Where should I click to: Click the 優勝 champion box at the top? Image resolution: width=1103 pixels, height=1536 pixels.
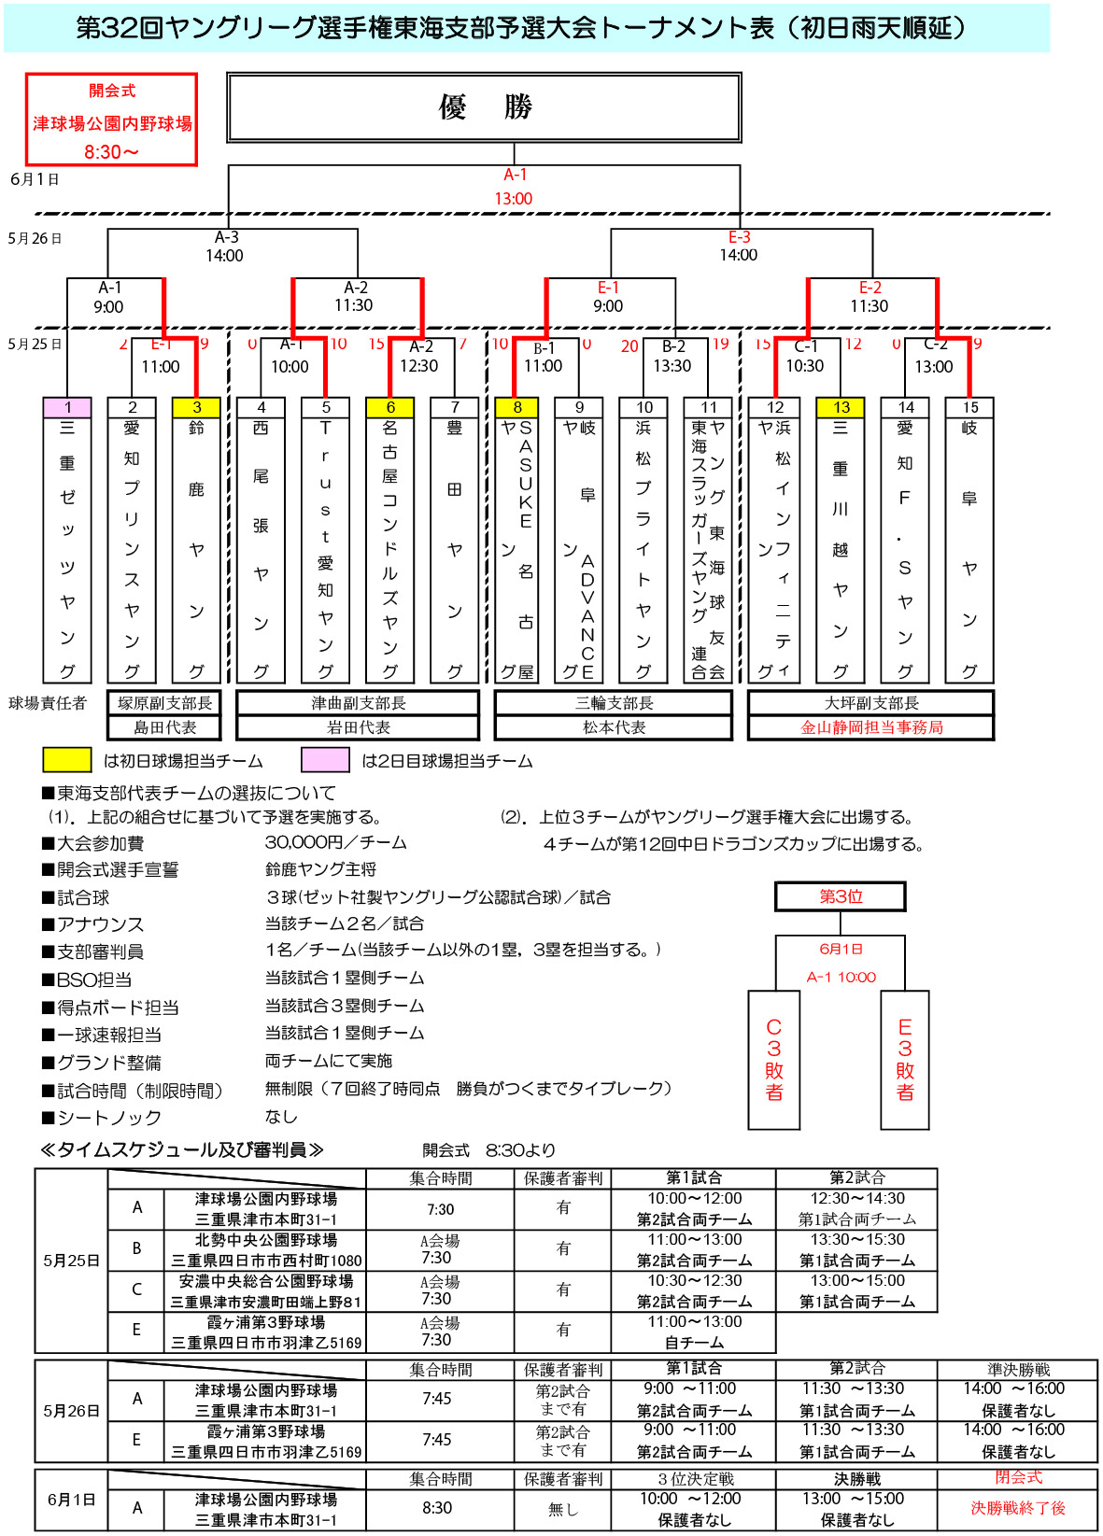(x=484, y=107)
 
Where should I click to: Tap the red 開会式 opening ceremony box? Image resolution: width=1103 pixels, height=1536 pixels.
(x=111, y=120)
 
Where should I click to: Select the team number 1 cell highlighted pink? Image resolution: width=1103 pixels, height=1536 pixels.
(x=68, y=407)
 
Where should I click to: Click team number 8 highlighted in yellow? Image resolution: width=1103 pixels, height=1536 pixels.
(x=517, y=407)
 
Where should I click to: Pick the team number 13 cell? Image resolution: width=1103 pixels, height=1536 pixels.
(x=841, y=407)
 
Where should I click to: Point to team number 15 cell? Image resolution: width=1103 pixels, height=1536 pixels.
(x=969, y=407)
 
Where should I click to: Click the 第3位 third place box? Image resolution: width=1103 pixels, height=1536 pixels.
(x=841, y=896)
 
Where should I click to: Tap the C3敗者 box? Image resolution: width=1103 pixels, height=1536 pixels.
(x=774, y=1060)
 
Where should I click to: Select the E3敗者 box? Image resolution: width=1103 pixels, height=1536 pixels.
(x=904, y=1060)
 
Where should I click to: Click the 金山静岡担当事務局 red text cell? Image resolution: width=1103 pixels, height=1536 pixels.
(x=871, y=727)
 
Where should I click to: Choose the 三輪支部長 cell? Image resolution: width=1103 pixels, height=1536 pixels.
(x=614, y=703)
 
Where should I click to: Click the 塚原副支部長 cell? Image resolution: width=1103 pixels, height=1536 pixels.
(x=165, y=703)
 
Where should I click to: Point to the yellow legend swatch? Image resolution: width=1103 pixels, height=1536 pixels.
(x=66, y=760)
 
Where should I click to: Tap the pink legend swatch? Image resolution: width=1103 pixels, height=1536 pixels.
(x=325, y=760)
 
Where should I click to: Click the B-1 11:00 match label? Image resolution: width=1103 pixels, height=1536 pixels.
(x=544, y=358)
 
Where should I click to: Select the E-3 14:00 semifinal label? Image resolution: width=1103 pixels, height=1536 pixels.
(x=739, y=247)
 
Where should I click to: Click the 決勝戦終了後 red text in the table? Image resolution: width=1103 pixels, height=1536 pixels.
(x=1017, y=1507)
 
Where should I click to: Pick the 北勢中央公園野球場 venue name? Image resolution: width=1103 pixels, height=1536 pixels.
(x=266, y=1240)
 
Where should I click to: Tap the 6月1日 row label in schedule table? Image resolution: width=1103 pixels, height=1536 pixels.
(x=71, y=1499)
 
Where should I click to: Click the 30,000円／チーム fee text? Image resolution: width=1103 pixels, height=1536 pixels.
(x=336, y=842)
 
